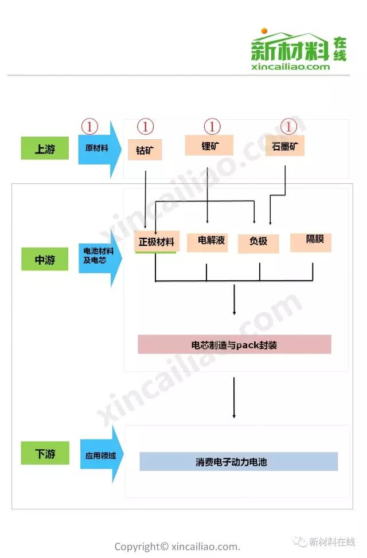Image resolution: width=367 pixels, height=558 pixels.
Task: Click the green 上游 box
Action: tap(45, 148)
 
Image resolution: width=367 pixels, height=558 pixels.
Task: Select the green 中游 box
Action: tap(45, 259)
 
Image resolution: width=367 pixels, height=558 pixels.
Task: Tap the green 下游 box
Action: tap(45, 453)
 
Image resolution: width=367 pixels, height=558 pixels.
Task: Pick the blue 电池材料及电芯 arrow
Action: tap(99, 256)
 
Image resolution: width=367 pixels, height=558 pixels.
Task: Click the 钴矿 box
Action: tap(145, 150)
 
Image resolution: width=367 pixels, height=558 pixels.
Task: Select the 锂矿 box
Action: tap(209, 145)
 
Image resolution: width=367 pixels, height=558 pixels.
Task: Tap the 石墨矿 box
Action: tap(285, 146)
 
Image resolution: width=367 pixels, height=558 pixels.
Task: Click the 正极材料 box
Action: tap(156, 242)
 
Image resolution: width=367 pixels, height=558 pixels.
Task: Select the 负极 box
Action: tap(258, 242)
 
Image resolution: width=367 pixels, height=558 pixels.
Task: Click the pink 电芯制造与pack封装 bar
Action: tap(234, 345)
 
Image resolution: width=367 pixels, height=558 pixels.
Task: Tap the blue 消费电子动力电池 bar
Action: tap(239, 461)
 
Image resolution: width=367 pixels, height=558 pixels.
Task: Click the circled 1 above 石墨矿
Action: tap(288, 126)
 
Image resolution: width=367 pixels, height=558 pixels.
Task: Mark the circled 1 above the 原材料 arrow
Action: tap(90, 126)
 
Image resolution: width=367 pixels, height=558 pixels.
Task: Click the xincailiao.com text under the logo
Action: tap(291, 66)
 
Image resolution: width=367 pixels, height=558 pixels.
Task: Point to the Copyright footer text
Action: tap(177, 546)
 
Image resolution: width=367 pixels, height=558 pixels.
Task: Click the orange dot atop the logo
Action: tap(264, 31)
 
